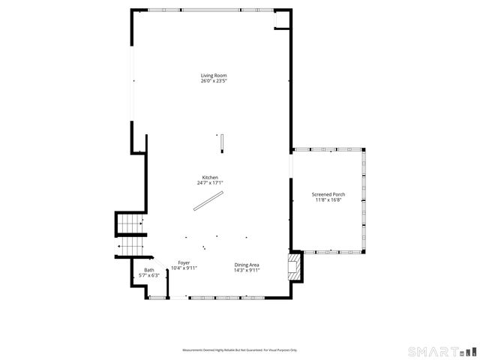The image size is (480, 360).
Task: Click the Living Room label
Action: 213,76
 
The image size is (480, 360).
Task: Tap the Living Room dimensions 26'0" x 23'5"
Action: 213,81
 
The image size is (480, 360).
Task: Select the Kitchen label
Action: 210,178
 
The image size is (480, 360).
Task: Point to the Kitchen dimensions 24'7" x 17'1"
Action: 210,183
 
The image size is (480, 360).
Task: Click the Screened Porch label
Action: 328,195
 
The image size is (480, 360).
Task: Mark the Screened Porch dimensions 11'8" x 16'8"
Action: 328,200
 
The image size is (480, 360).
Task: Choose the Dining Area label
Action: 247,264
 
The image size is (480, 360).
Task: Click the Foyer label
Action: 184,263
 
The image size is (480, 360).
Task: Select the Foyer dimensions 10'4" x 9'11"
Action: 184,268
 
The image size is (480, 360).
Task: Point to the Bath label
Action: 149,270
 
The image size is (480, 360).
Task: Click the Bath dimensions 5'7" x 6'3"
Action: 149,275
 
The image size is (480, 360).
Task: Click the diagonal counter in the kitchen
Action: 208,201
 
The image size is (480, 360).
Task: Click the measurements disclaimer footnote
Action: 240,350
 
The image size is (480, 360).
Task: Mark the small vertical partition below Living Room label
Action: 222,140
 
